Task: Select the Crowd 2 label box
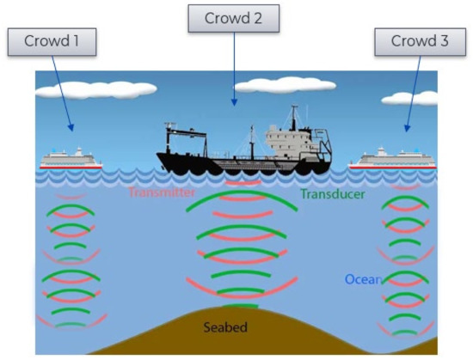pos(230,18)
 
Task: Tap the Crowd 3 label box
pos(418,41)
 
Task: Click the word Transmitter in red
pos(163,193)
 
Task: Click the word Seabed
pos(226,327)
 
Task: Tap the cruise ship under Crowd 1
pos(71,158)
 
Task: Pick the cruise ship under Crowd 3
pos(396,158)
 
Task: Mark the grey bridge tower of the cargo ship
pos(288,133)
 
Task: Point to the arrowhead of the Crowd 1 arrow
pos(72,129)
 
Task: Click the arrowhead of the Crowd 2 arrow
pos(233,104)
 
